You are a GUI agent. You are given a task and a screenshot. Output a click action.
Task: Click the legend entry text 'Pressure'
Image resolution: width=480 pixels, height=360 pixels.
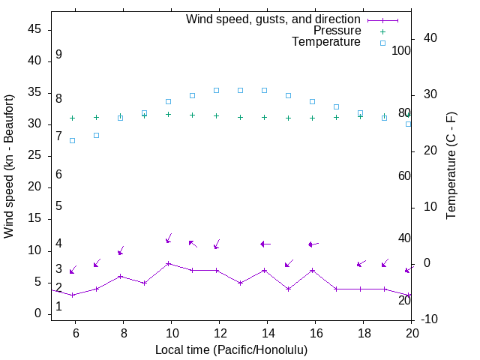click(336, 31)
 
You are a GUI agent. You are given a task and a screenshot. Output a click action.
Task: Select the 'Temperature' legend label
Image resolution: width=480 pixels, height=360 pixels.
click(326, 42)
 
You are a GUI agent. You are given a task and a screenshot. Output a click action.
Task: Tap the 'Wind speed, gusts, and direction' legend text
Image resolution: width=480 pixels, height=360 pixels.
click(274, 19)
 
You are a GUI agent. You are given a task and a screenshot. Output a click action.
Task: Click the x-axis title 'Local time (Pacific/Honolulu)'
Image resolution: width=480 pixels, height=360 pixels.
click(231, 349)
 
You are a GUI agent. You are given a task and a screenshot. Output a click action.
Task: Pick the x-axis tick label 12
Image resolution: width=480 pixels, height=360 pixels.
click(219, 333)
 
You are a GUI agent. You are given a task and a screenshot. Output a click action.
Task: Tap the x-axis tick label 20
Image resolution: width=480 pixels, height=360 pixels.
click(412, 333)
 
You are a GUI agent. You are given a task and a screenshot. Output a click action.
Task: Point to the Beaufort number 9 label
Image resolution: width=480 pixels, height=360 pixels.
click(58, 55)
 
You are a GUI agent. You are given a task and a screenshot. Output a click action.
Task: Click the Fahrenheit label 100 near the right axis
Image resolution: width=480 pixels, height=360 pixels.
click(401, 50)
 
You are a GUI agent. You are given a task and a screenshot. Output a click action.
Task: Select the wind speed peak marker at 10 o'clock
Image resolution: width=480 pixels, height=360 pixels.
click(168, 263)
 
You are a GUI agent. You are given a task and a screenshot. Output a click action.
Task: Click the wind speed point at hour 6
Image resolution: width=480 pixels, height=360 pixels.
click(72, 295)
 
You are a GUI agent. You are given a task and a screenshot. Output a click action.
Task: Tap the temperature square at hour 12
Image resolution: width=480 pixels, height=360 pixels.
click(216, 90)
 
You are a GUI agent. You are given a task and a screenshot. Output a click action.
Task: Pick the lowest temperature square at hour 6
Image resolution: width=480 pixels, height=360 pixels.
click(72, 140)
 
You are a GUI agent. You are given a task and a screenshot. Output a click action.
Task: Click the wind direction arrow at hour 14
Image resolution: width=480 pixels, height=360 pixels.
click(265, 244)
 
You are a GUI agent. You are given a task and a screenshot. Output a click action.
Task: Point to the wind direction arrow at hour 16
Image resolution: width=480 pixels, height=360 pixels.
click(313, 244)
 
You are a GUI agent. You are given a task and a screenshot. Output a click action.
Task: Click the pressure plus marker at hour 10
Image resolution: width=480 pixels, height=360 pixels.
click(168, 114)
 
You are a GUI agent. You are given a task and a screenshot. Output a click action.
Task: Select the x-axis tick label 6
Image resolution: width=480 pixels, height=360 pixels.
click(75, 333)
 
